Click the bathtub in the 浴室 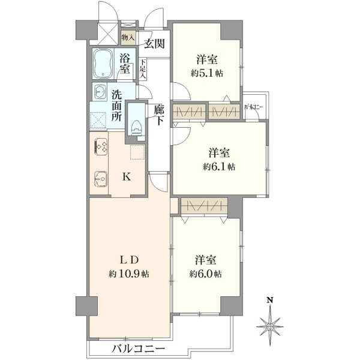[103, 64]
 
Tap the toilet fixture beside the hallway [136, 130]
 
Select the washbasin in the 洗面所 [100, 91]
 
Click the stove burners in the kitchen [101, 146]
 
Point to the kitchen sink [100, 179]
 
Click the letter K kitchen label [127, 176]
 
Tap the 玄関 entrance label [155, 44]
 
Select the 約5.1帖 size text [206, 73]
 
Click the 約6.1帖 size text [219, 167]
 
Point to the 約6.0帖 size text [205, 274]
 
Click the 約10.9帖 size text [129, 274]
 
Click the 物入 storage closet [128, 38]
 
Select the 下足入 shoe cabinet [143, 70]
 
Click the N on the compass [270, 300]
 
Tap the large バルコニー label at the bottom [139, 349]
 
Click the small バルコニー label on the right [253, 107]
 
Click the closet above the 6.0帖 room [205, 206]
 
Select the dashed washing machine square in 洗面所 [98, 119]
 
